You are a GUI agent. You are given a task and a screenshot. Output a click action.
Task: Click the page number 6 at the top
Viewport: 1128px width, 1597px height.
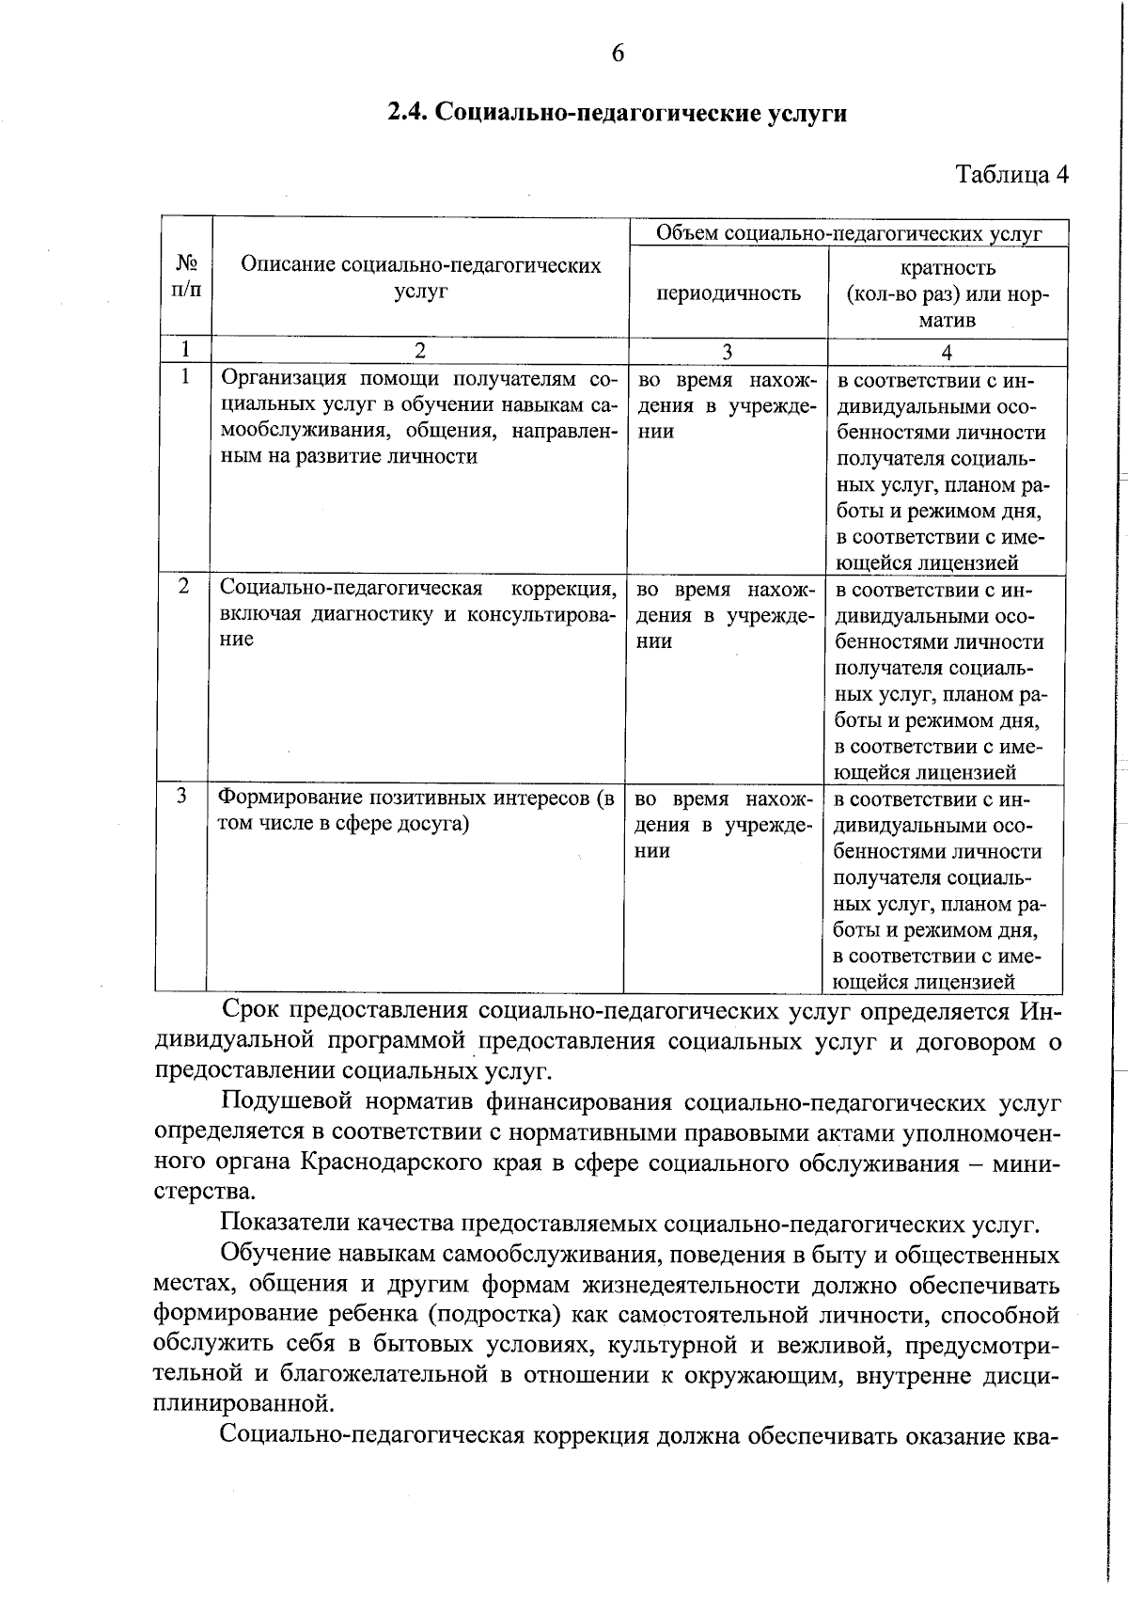pyautogui.click(x=618, y=53)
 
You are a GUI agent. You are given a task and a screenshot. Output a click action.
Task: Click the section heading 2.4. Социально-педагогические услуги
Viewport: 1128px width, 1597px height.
pyautogui.click(x=618, y=114)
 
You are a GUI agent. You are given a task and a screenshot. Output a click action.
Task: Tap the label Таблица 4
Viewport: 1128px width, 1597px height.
pyautogui.click(x=1011, y=175)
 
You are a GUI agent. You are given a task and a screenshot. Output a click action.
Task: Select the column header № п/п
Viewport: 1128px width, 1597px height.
pyautogui.click(x=185, y=277)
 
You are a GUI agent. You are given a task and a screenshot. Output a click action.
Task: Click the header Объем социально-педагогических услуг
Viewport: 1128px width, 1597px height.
pyautogui.click(x=848, y=233)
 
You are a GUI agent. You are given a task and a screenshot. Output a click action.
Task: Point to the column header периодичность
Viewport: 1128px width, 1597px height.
pyautogui.click(x=728, y=293)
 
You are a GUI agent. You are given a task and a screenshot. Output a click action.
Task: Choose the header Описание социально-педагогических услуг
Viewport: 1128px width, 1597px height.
pyautogui.click(x=420, y=278)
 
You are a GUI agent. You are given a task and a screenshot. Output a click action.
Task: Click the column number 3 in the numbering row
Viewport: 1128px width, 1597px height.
pyautogui.click(x=727, y=352)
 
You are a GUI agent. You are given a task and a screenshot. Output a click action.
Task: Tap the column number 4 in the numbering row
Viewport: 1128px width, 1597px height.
pyautogui.click(x=947, y=352)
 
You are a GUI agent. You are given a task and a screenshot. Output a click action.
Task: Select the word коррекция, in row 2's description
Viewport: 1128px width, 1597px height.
pyautogui.click(x=563, y=589)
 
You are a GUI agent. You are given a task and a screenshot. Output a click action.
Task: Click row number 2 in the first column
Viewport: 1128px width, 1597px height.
pyautogui.click(x=183, y=586)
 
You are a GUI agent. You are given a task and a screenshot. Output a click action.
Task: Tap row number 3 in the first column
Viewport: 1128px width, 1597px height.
pyautogui.click(x=181, y=796)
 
